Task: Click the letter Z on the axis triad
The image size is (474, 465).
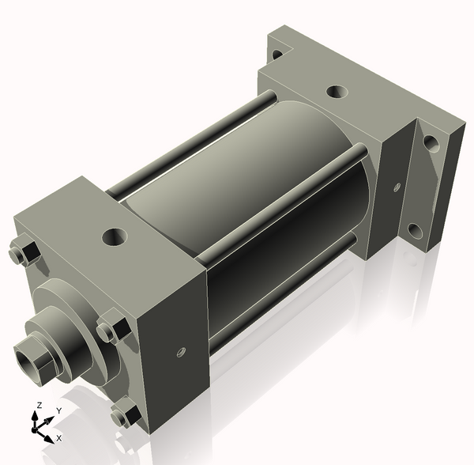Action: (x=37, y=406)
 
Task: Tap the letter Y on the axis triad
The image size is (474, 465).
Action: (x=59, y=411)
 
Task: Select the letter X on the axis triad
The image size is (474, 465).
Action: (x=59, y=437)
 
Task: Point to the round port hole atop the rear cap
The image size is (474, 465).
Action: (x=335, y=93)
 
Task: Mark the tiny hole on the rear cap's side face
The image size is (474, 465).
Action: (x=396, y=187)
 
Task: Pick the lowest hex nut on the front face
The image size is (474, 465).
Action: (x=124, y=414)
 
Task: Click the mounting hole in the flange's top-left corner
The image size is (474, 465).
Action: (x=276, y=55)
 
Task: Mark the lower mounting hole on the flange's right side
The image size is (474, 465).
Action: (x=414, y=230)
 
